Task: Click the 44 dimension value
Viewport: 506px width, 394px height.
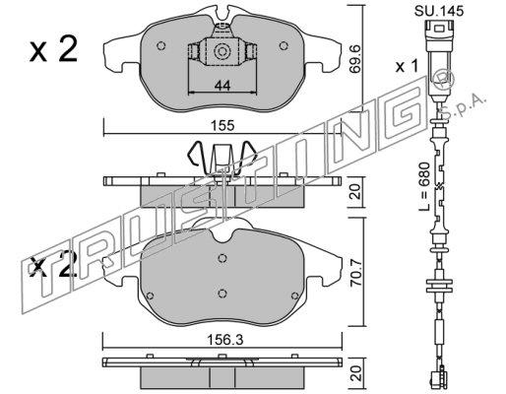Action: (222, 86)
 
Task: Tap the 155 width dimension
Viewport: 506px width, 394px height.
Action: (222, 126)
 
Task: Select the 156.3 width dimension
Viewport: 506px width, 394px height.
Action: (224, 340)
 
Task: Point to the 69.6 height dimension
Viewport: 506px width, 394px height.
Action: (355, 58)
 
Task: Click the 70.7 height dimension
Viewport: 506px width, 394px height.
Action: (356, 273)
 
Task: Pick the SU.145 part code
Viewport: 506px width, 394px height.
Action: (439, 11)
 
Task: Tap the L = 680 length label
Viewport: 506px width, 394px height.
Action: (424, 186)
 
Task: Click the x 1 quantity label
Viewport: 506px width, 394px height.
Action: (407, 67)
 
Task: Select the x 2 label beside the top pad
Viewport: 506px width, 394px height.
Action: (53, 49)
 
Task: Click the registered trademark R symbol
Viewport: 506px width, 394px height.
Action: (443, 81)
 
